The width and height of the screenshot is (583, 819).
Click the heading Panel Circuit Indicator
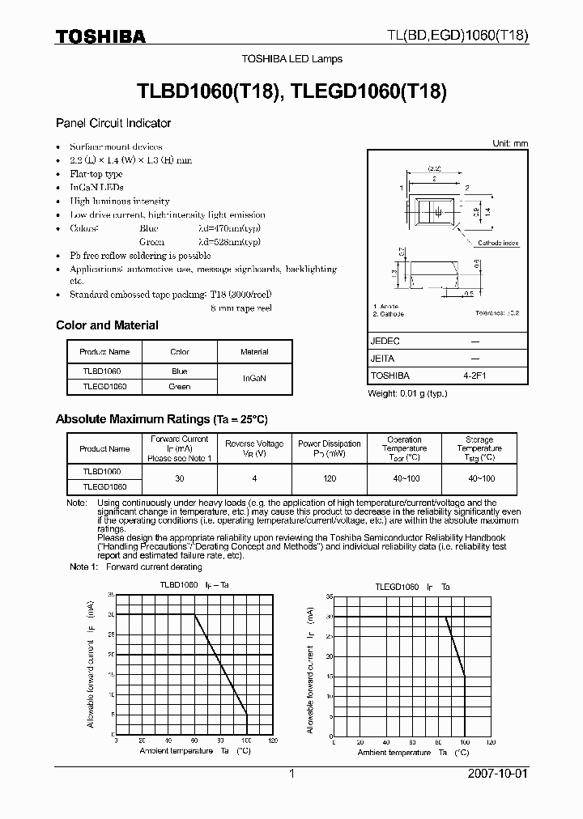[x=113, y=123]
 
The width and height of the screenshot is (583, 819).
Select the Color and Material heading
[x=107, y=325]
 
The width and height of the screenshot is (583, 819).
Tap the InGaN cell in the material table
[x=254, y=378]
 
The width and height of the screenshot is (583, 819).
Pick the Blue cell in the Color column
[x=179, y=371]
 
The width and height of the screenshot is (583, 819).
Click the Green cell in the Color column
[x=179, y=387]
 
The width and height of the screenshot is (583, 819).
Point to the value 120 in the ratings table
[x=329, y=478]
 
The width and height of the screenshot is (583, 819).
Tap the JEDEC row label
[x=385, y=342]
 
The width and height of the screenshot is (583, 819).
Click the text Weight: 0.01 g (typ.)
[x=407, y=393]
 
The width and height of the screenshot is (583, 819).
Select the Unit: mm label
[x=510, y=143]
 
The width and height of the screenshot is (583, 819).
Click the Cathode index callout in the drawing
[x=498, y=243]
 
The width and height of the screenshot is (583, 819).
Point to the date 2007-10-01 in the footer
[x=497, y=774]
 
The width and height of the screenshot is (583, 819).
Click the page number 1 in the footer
[x=291, y=774]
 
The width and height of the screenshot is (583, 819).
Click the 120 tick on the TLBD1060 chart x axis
[x=273, y=740]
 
